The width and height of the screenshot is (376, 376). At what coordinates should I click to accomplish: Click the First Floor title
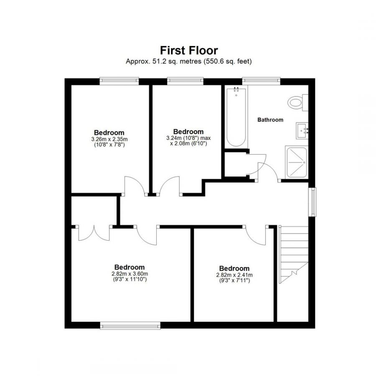[189, 51]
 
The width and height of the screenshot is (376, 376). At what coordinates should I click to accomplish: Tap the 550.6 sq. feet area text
[228, 61]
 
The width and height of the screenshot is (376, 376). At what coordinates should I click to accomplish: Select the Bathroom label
[270, 120]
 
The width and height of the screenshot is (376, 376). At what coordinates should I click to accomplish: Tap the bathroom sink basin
[302, 131]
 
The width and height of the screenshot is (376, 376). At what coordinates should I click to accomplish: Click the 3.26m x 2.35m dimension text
[109, 139]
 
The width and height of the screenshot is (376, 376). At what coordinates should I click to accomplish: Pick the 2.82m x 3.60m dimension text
[130, 274]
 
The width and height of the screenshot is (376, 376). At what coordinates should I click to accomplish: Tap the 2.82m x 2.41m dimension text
[234, 275]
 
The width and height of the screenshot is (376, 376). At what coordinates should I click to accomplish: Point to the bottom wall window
[130, 325]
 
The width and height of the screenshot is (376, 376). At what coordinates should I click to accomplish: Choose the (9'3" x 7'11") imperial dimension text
[234, 280]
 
